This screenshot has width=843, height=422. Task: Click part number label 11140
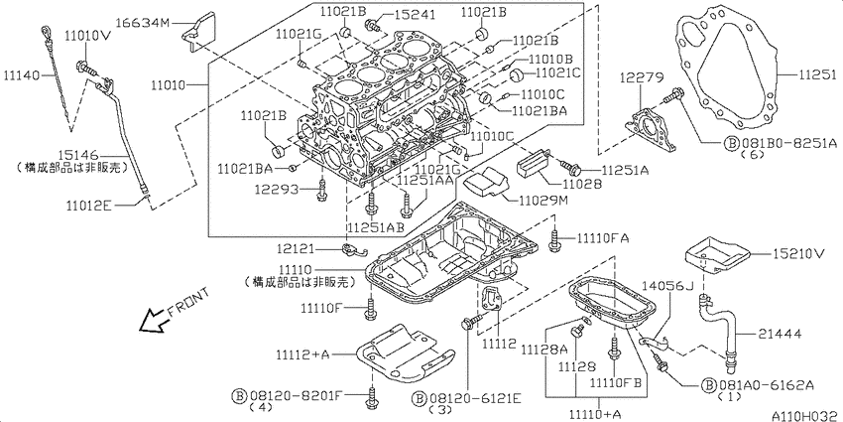[21, 74]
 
